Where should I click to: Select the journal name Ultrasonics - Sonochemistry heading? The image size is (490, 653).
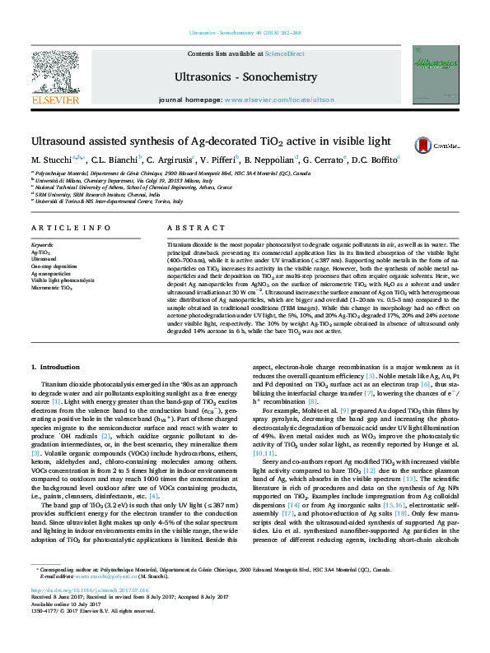(x=245, y=77)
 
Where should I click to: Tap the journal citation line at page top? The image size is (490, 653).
(x=245, y=32)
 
